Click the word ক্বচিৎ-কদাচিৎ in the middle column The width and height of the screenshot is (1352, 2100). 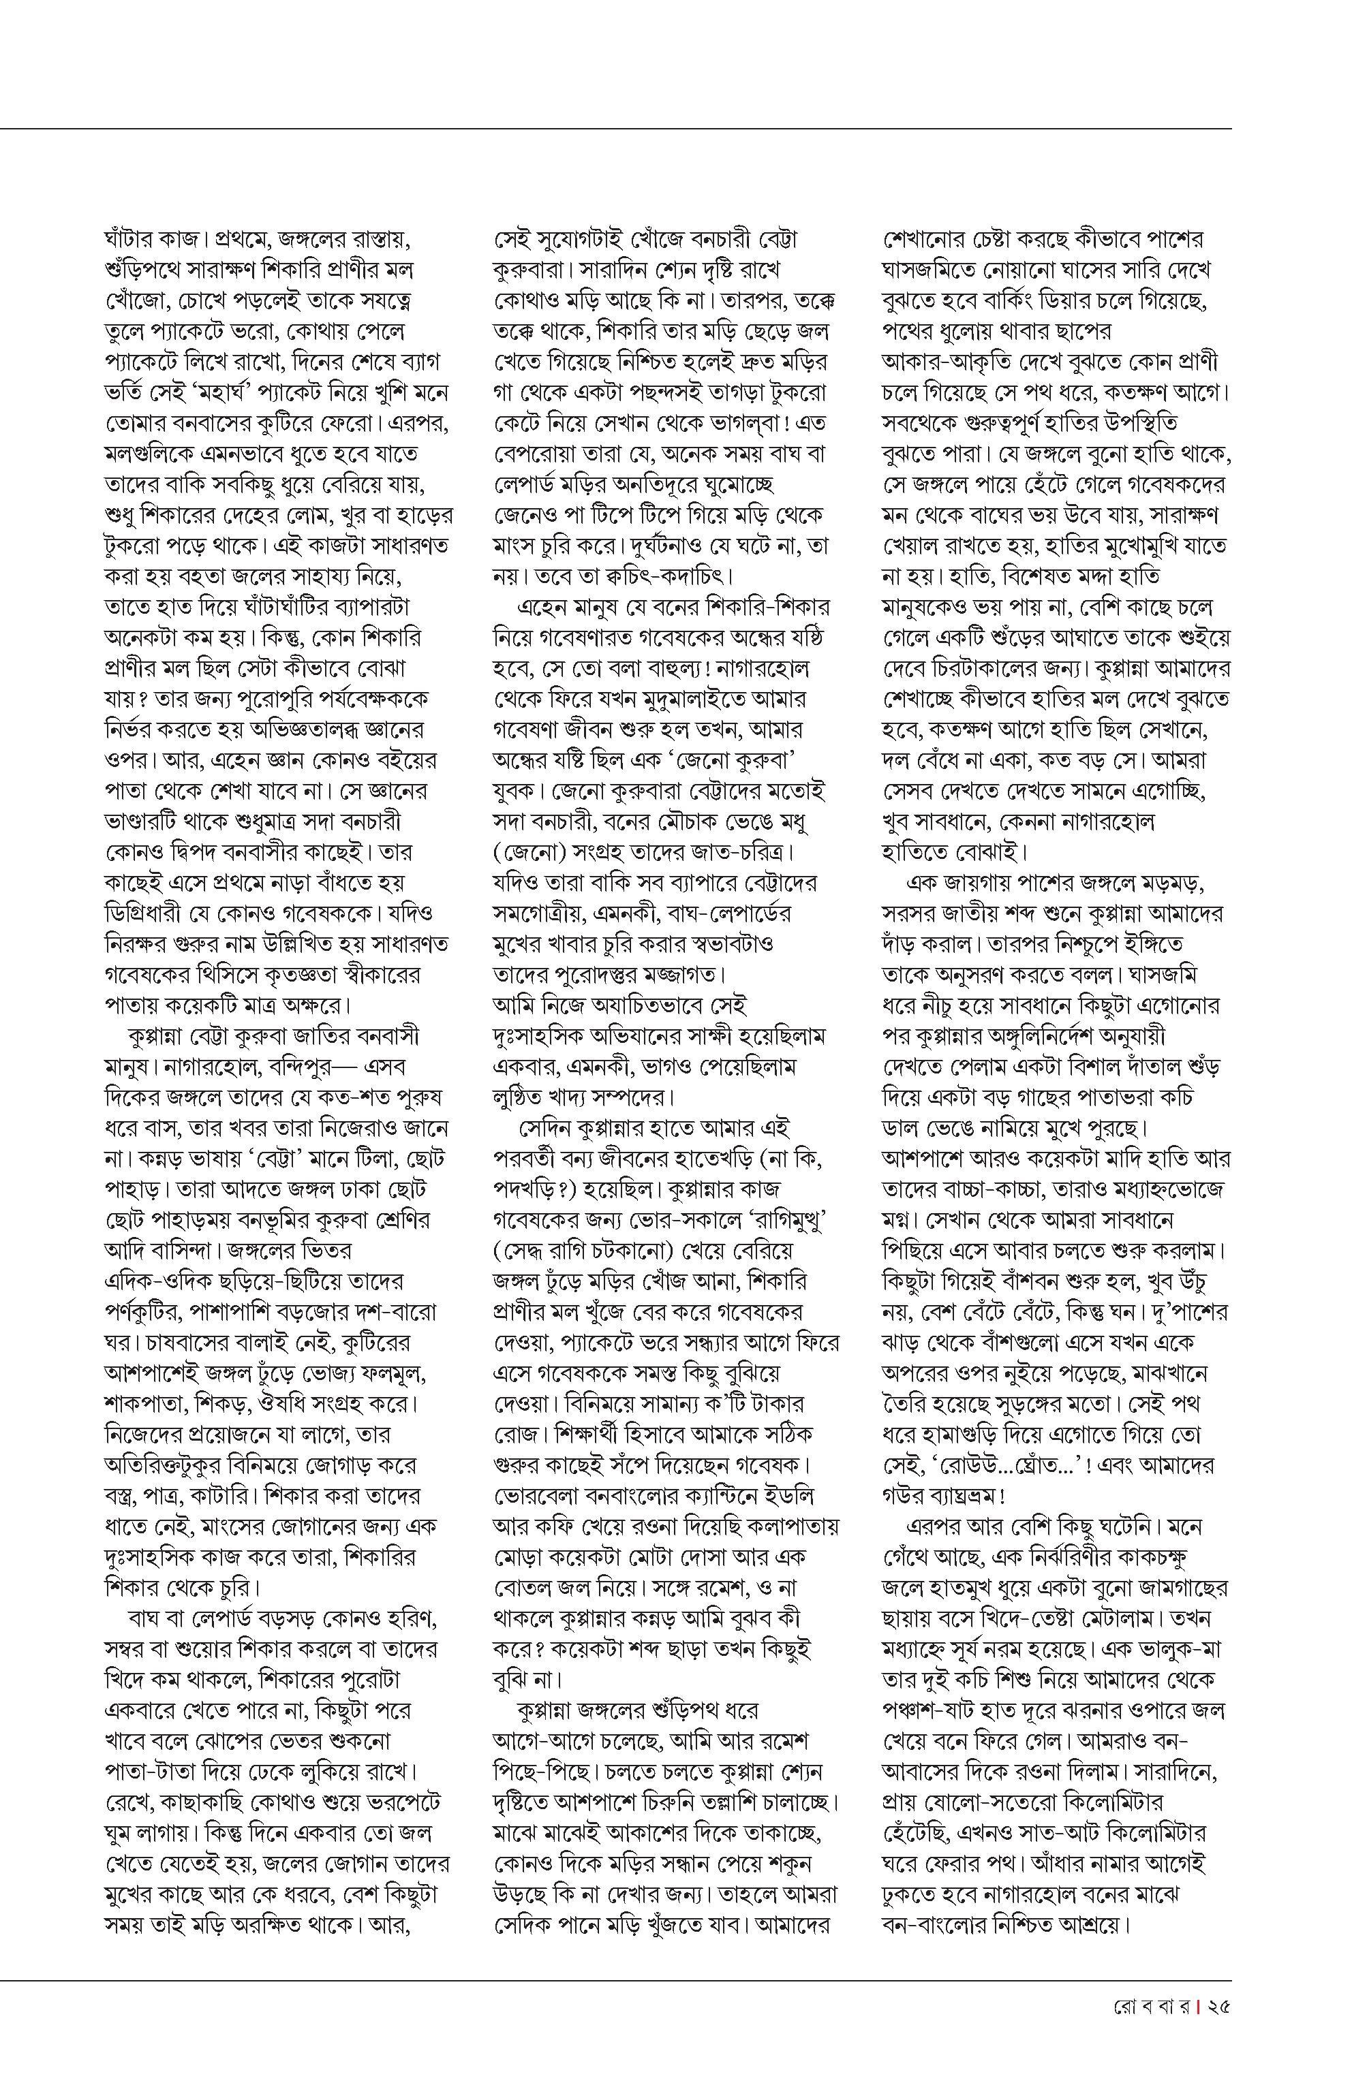pyautogui.click(x=660, y=576)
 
